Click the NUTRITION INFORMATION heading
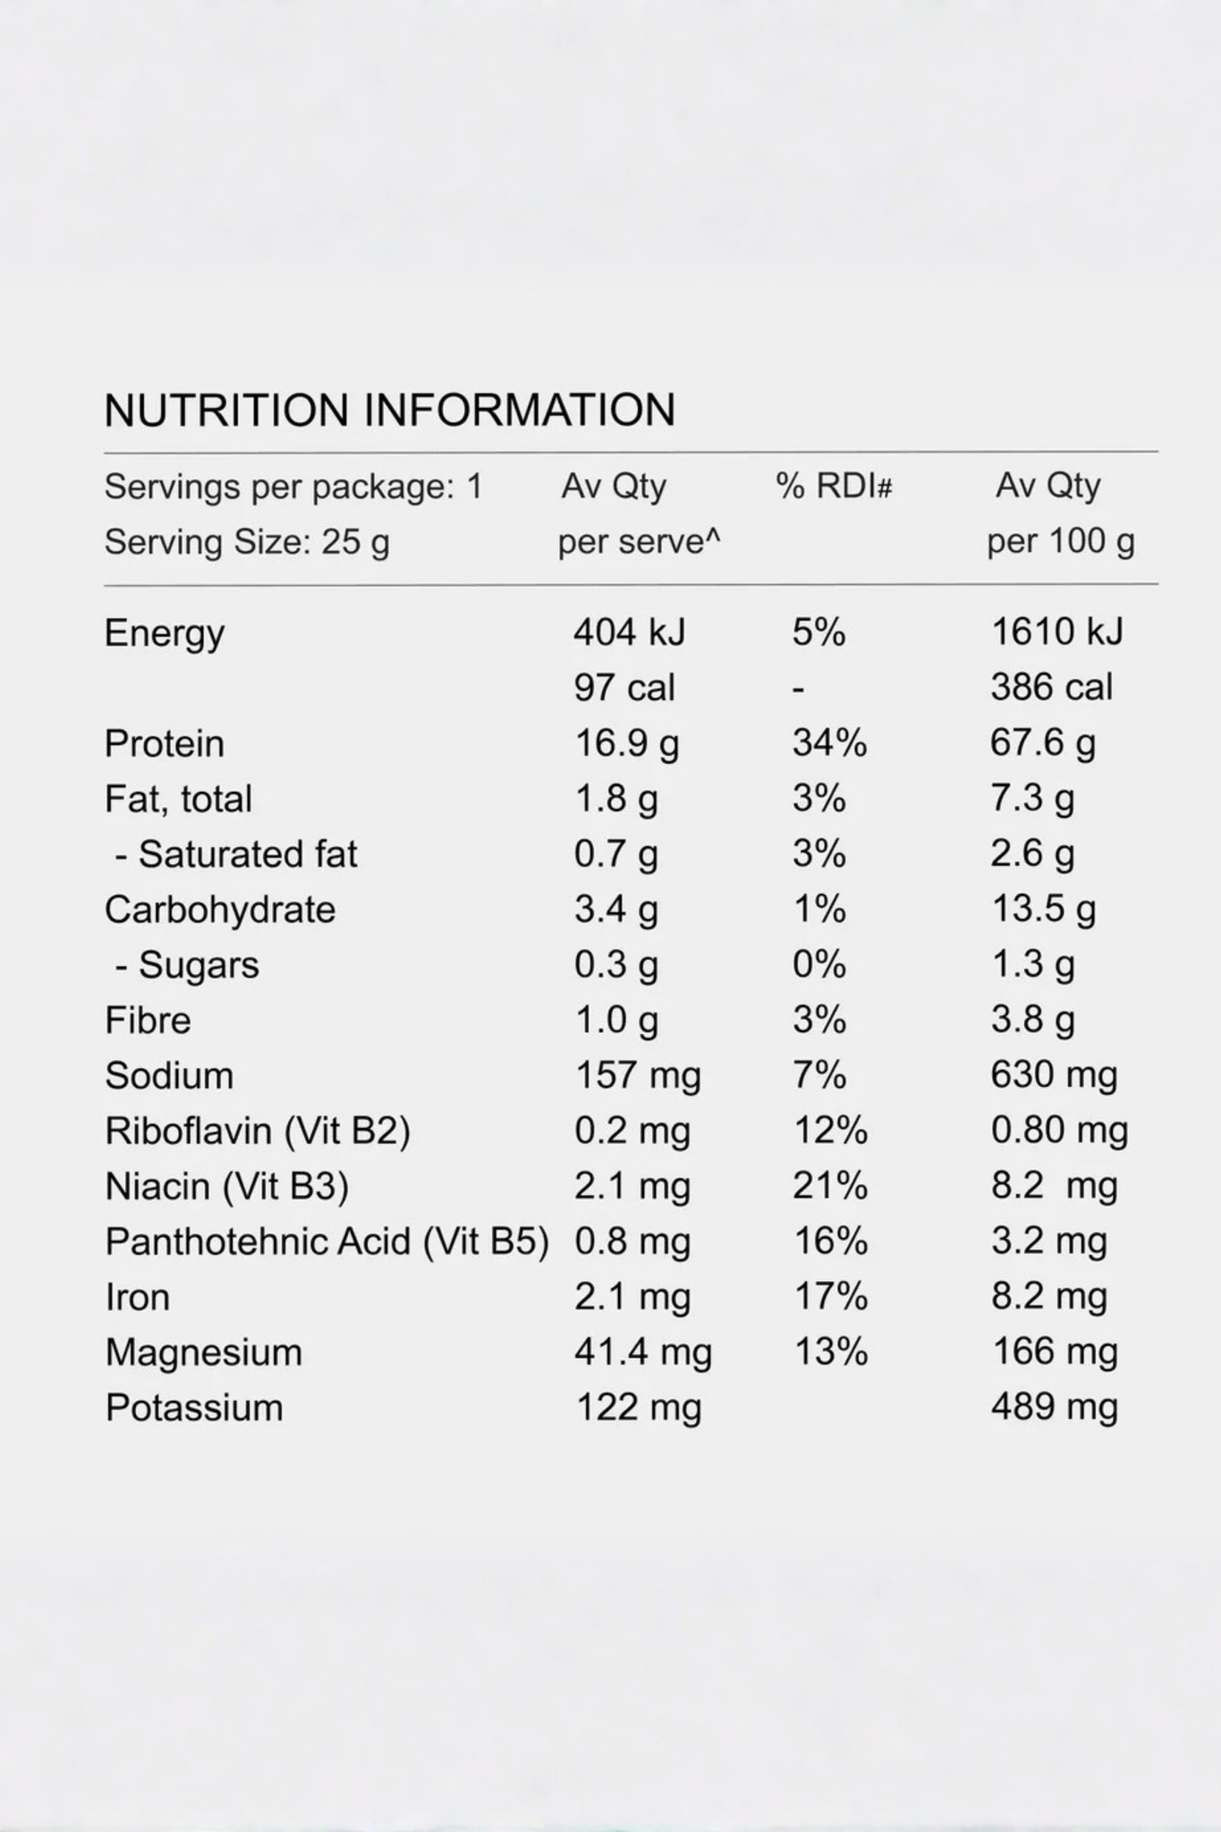[389, 410]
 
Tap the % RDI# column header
[834, 486]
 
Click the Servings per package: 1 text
[293, 487]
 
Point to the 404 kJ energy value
[629, 632]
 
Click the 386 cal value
[1051, 687]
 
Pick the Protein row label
[165, 743]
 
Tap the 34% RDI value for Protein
[829, 743]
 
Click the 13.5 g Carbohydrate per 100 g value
[1043, 910]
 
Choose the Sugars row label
[187, 965]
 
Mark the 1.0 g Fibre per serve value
[616, 1021]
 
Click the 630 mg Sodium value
[1054, 1075]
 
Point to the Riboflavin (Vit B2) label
[258, 1131]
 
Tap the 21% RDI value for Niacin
[830, 1186]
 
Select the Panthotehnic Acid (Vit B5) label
[326, 1242]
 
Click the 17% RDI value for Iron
[831, 1296]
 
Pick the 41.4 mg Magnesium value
[643, 1353]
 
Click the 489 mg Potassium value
[1055, 1407]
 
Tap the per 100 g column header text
[1061, 541]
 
